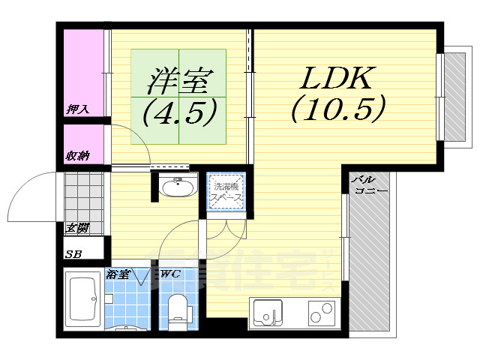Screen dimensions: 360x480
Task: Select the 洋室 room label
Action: [181, 78]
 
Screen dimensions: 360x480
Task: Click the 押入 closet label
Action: [77, 109]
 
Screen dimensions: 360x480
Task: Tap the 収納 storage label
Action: [77, 155]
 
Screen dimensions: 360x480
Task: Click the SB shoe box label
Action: [73, 254]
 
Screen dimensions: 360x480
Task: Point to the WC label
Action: [170, 274]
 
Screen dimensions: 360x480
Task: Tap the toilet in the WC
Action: [178, 311]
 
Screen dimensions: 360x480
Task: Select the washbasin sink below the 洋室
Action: [178, 185]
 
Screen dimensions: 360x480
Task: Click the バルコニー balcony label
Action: [370, 185]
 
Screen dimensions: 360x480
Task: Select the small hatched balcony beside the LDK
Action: [454, 96]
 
